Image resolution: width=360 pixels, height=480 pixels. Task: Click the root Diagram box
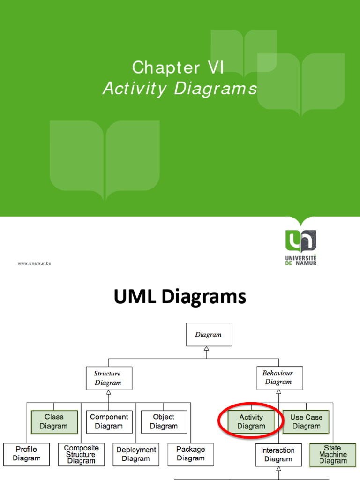[x=209, y=335]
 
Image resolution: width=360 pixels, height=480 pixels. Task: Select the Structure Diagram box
[x=109, y=378]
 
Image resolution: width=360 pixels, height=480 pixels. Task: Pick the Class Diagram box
[x=54, y=421]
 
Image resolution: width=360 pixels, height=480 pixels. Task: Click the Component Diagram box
[x=109, y=421]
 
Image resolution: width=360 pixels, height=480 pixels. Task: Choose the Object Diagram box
[x=164, y=421]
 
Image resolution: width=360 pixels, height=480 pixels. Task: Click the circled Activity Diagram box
[x=251, y=421]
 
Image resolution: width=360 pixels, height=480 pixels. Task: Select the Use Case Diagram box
[x=306, y=421]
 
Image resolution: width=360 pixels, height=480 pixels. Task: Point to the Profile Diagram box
[x=26, y=454]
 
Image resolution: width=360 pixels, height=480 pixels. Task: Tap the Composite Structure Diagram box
[x=81, y=455]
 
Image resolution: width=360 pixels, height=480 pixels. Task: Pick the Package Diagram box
[x=190, y=454]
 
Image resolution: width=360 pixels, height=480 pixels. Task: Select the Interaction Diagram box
[x=278, y=455]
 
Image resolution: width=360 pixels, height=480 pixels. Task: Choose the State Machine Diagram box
[x=333, y=455]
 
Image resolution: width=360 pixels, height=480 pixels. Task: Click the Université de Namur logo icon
[x=300, y=241]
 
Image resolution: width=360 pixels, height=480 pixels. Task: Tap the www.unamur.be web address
[x=35, y=263]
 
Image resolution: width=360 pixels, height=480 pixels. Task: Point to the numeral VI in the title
[x=216, y=68]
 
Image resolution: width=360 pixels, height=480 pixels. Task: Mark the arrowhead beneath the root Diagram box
[x=206, y=349]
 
